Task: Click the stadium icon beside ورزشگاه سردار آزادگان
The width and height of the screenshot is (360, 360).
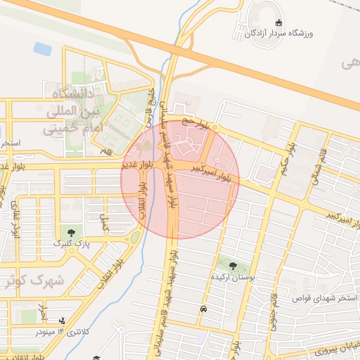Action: pyautogui.click(x=279, y=22)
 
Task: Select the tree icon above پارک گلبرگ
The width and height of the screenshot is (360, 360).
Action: pyautogui.click(x=71, y=231)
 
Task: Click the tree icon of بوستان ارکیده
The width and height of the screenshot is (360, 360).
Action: pyautogui.click(x=233, y=266)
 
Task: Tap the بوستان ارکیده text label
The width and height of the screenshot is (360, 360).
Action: pyautogui.click(x=232, y=278)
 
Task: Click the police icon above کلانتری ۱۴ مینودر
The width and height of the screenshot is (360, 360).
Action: pyautogui.click(x=65, y=321)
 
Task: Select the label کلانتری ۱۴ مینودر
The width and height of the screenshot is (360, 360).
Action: pyautogui.click(x=62, y=331)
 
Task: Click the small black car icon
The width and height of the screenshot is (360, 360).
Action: pyautogui.click(x=203, y=308)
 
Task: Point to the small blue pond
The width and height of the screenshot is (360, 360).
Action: pyautogui.click(x=42, y=49)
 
